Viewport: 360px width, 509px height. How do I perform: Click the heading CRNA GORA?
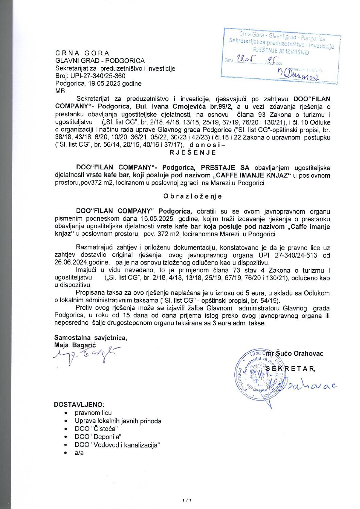tap(82, 53)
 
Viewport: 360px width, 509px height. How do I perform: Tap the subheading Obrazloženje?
tap(192, 196)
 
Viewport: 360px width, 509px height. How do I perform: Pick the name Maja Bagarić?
tap(75, 345)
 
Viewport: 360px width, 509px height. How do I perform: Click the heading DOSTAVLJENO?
tap(79, 405)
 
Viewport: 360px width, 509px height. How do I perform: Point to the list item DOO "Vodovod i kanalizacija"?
tap(117, 445)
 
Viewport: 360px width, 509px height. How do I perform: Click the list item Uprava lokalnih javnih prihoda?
tap(118, 421)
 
